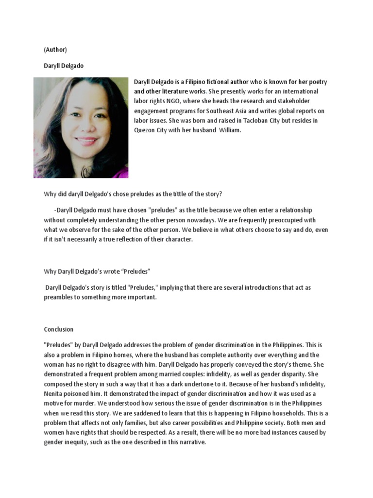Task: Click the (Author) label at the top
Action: click(55, 50)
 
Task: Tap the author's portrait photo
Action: click(81, 127)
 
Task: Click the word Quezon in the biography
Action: click(145, 131)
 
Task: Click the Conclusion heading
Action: click(58, 329)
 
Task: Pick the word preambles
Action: click(59, 297)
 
